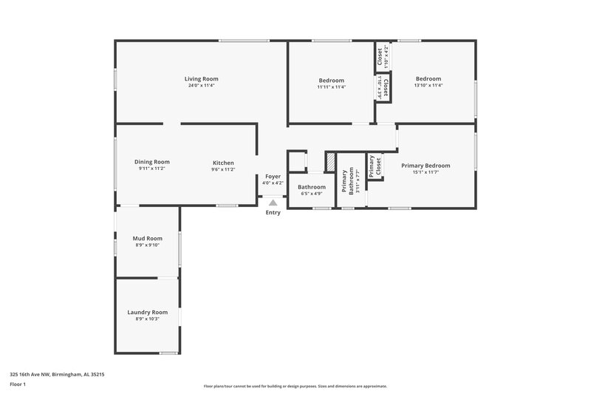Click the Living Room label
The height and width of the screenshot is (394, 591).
tap(201, 78)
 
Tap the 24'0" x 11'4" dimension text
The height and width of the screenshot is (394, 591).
tap(201, 86)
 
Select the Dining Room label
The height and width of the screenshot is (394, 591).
tap(152, 162)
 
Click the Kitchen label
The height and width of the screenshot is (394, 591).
tap(223, 162)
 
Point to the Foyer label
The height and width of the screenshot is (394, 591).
tap(273, 176)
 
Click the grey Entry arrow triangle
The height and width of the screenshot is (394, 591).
tap(273, 202)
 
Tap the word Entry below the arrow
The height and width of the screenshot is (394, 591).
tap(273, 213)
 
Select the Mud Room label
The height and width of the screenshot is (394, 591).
tap(147, 238)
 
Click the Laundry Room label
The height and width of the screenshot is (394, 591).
tap(148, 312)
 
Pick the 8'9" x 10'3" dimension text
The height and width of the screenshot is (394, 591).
tap(148, 319)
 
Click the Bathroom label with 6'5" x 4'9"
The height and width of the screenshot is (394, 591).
tap(312, 187)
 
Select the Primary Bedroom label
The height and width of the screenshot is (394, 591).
tap(426, 166)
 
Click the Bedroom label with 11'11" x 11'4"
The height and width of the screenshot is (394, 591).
tap(332, 80)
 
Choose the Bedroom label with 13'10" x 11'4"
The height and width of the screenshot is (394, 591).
tap(428, 78)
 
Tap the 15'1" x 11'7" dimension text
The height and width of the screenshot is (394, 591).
tap(426, 173)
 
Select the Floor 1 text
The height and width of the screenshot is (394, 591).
tap(18, 385)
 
